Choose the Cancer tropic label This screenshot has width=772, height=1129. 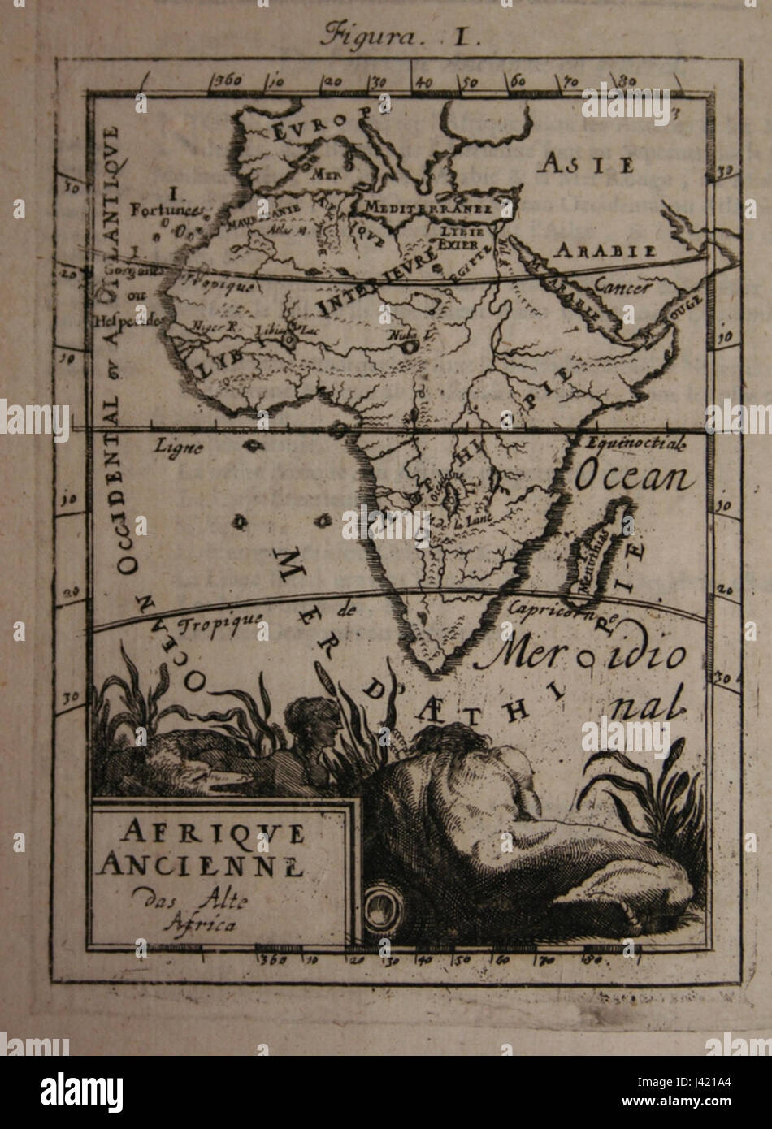[622, 286]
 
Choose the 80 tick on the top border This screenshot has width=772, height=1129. [625, 80]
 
